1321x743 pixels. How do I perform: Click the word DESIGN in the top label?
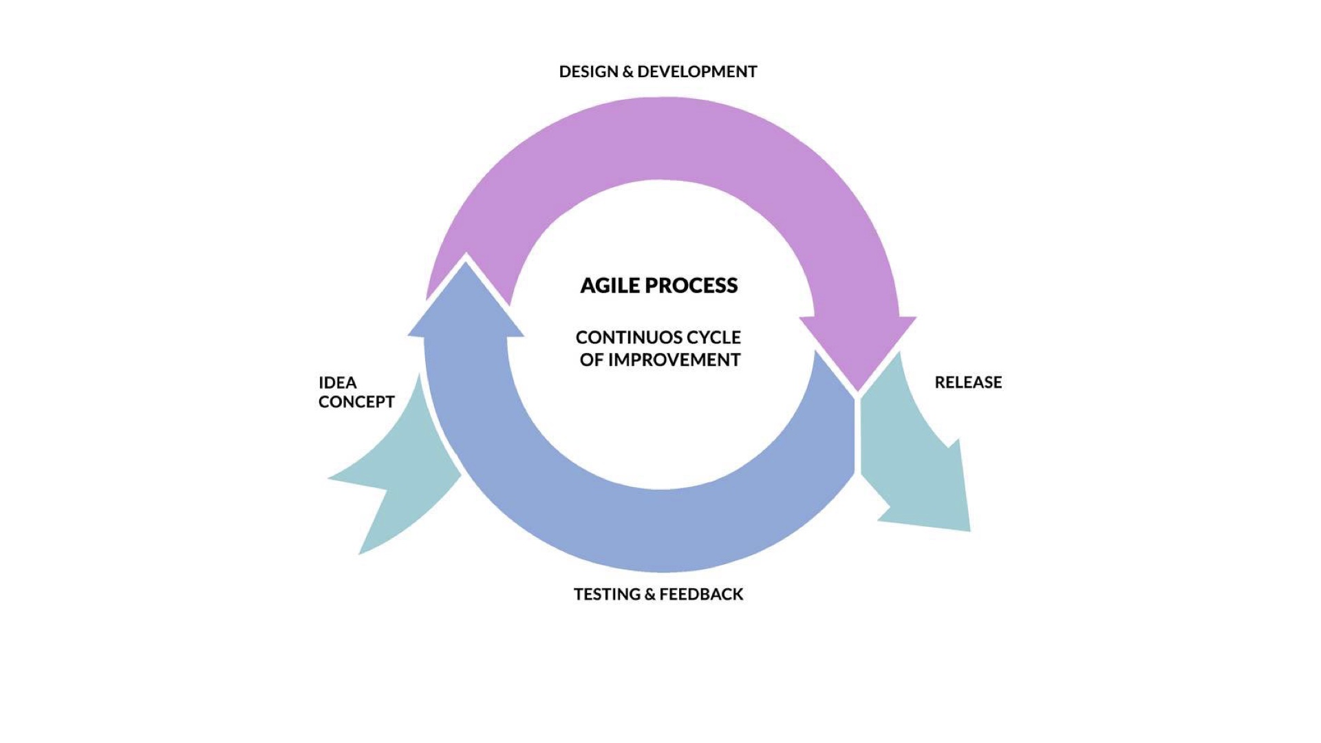588,72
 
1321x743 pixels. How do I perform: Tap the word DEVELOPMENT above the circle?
697,72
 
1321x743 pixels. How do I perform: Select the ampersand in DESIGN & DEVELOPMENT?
627,72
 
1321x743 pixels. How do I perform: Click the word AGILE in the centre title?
610,286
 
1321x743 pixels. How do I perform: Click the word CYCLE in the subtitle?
714,338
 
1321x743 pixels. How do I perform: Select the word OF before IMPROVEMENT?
591,360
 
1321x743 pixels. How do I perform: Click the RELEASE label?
968,383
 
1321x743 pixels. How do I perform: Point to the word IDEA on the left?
337,383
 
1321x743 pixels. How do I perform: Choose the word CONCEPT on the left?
356,402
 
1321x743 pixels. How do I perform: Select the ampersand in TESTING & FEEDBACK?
650,594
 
